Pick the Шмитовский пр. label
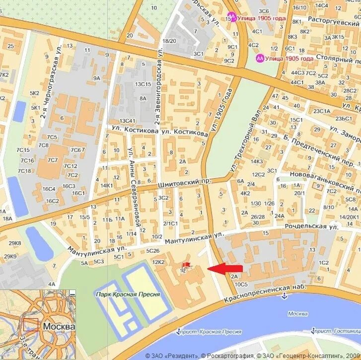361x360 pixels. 185,183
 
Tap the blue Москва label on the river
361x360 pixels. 297,313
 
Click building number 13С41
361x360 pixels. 128,121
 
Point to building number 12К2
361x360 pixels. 158,262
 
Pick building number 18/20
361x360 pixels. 169,41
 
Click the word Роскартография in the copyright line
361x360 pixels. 229,356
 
